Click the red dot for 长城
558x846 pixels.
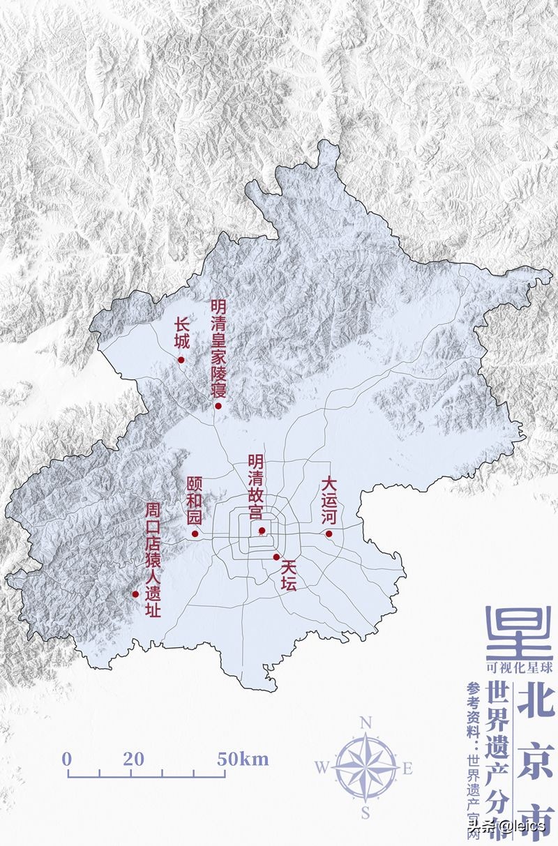(181, 360)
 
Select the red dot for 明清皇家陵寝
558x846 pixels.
(218, 406)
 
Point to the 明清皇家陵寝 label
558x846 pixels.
(218, 349)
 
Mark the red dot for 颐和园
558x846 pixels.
(195, 535)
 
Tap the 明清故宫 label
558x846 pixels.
(255, 488)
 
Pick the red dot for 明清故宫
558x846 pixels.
(262, 531)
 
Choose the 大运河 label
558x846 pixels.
(329, 501)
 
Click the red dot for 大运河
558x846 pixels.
(329, 534)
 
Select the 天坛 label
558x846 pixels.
(288, 576)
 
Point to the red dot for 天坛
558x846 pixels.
(276, 557)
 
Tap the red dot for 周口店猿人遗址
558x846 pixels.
(135, 594)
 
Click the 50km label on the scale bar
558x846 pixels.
(242, 759)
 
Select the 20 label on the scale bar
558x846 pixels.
(133, 759)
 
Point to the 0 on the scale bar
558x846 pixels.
(67, 759)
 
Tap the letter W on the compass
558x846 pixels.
(322, 768)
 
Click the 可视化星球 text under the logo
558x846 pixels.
(520, 667)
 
